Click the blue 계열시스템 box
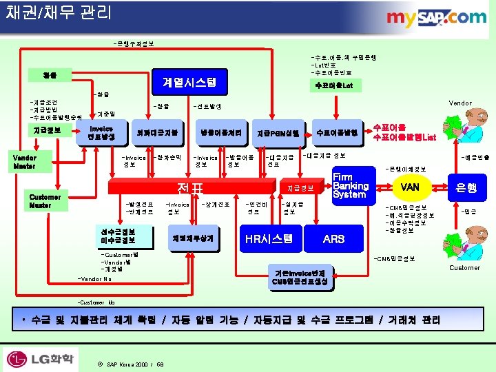[x=189, y=82]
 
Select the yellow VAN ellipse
[x=411, y=186]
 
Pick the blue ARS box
[x=333, y=238]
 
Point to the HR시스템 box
[x=269, y=238]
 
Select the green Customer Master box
[x=45, y=200]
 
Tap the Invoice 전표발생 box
[x=101, y=132]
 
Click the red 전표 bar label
[x=188, y=187]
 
